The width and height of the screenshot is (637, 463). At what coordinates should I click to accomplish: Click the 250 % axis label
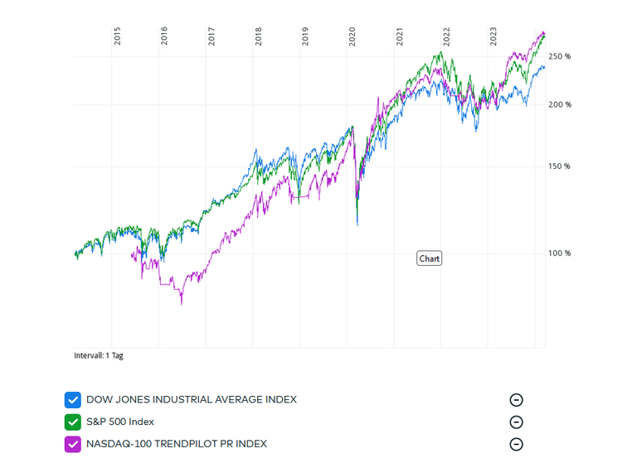point(561,56)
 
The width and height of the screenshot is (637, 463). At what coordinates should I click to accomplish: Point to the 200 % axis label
point(561,104)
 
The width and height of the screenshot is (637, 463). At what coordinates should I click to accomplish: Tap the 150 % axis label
point(561,166)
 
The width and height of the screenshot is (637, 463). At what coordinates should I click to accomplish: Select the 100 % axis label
point(561,253)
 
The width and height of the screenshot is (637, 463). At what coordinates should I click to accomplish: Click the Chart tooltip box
point(430,258)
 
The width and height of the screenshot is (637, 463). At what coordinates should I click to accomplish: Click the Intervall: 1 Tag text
point(99,355)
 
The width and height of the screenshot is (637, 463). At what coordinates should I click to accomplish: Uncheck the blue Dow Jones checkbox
point(73,400)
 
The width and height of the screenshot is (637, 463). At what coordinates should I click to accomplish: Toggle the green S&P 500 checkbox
point(73,422)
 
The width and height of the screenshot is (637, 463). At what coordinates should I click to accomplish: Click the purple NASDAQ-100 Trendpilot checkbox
point(73,444)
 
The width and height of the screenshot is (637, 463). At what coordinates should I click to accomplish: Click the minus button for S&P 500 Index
point(516,422)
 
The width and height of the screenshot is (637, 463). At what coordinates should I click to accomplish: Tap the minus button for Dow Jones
point(516,400)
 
